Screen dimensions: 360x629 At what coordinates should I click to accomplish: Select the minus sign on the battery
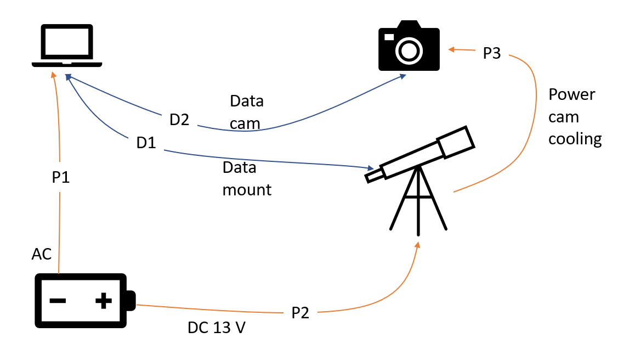click(58, 301)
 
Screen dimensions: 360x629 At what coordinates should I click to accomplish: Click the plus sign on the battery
click(103, 300)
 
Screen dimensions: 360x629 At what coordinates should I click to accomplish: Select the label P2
click(300, 313)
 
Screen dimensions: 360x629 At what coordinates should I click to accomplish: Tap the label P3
click(491, 54)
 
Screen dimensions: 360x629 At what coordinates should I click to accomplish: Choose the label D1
click(146, 143)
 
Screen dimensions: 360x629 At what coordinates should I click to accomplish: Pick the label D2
click(179, 120)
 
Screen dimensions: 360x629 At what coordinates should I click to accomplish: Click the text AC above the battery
click(42, 254)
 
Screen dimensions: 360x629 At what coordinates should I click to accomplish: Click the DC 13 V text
click(217, 328)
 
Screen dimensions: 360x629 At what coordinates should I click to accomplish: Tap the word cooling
click(575, 139)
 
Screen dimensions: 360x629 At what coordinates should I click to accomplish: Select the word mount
click(247, 190)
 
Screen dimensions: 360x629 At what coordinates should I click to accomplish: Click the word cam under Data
click(245, 124)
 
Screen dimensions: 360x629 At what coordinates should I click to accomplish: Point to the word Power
click(571, 94)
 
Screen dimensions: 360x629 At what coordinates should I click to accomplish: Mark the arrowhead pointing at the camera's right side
click(452, 50)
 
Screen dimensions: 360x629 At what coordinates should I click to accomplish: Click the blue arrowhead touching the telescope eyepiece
click(370, 167)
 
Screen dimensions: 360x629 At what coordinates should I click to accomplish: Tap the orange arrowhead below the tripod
click(418, 245)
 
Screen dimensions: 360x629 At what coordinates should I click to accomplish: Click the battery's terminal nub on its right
click(131, 301)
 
